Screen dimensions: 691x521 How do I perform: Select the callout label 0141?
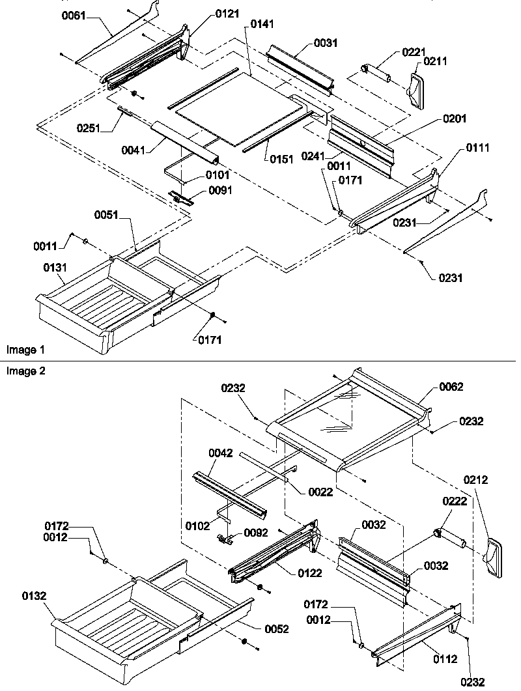[x=260, y=24]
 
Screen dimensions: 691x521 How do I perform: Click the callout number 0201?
[x=455, y=119]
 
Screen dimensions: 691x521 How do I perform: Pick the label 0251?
[x=86, y=128]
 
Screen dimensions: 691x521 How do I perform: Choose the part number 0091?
[x=220, y=190]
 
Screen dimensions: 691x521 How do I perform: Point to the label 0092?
[x=255, y=532]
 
